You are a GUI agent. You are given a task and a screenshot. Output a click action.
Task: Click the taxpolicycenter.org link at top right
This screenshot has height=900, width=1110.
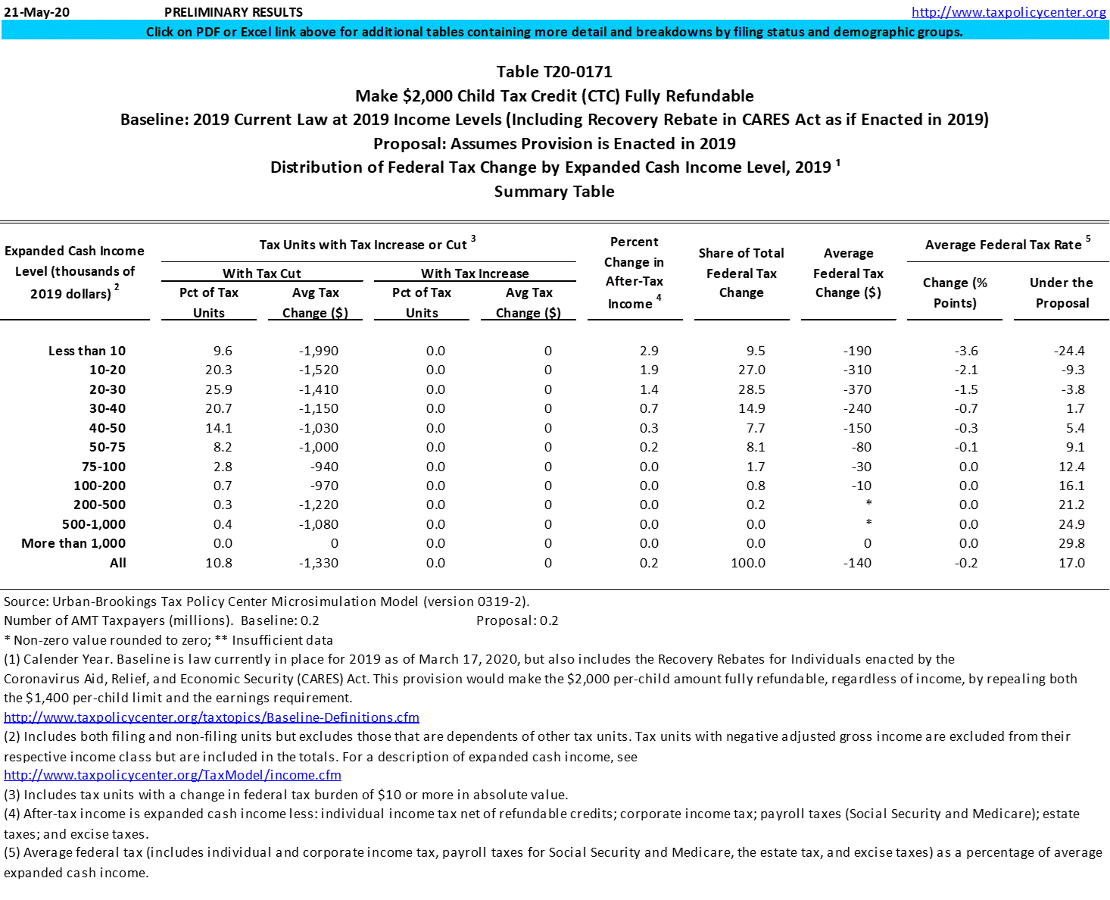[1009, 12]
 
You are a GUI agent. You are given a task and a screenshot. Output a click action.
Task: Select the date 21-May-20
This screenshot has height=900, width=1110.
[36, 12]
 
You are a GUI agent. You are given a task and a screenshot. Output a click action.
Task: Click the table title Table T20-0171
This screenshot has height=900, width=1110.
[554, 72]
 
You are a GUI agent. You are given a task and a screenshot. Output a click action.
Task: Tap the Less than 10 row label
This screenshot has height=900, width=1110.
[87, 351]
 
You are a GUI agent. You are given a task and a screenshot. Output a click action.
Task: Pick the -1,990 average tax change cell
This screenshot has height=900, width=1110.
[318, 351]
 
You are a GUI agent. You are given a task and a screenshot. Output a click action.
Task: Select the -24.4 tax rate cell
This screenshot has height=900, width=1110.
[1069, 351]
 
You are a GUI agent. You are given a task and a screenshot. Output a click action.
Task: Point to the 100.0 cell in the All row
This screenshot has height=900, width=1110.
[747, 563]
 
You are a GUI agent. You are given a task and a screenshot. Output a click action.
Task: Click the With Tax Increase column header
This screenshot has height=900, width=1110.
[475, 273]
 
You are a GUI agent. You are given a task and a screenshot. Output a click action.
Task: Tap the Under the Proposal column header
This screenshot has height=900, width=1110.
[1062, 292]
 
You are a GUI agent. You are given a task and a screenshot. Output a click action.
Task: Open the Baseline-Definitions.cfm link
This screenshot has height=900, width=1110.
[211, 717]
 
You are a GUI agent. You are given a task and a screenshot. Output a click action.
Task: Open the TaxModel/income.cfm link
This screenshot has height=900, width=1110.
[173, 775]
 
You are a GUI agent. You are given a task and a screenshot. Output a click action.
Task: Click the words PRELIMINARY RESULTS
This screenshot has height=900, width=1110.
[233, 12]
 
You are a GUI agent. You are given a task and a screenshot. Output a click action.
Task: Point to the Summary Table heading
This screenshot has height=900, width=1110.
[554, 192]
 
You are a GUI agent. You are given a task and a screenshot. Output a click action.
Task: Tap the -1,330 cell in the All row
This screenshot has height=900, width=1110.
[318, 563]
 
